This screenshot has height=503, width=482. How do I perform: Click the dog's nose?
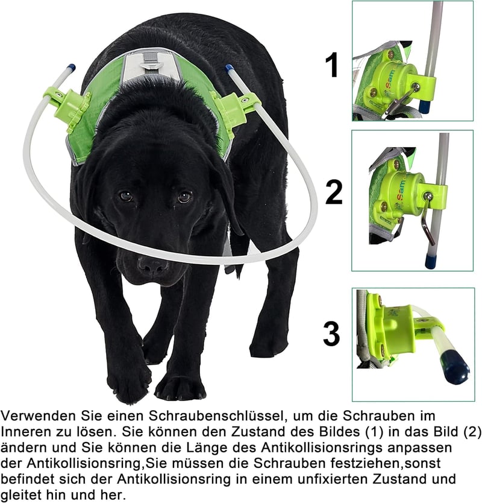coord(153,265)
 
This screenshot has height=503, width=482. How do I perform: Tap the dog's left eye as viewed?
coord(126,196)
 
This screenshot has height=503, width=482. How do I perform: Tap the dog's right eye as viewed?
coord(184,197)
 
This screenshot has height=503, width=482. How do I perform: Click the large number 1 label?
coord(333,65)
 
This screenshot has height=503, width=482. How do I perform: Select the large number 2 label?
coord(334,192)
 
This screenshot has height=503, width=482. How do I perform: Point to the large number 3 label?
coord(331,334)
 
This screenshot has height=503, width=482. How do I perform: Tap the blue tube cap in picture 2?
coord(430,259)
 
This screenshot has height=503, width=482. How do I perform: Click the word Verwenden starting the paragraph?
coord(38,416)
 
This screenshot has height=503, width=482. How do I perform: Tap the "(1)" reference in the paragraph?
coord(374,432)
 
